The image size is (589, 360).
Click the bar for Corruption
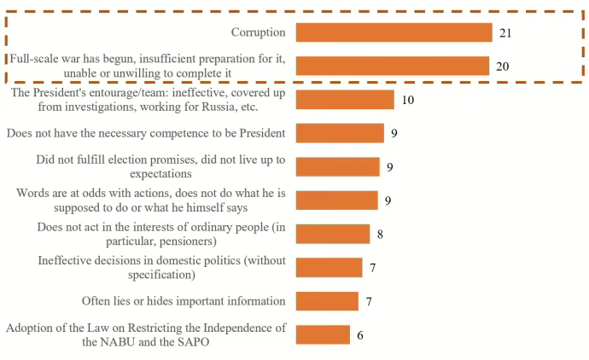coord(394,32)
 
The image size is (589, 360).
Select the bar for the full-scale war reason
coord(392,67)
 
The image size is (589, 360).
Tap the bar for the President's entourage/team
coord(345,100)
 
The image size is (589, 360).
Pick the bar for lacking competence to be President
coord(340,133)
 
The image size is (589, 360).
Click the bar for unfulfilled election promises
coord(337,167)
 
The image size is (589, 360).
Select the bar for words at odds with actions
coord(336,200)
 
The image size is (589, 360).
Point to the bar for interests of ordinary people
coord(333,234)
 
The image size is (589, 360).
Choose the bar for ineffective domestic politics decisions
coord(329,267)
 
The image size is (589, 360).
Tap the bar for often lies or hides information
coord(327,301)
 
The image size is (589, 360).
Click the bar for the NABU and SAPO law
coord(323,334)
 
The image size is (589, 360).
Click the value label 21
coord(505,33)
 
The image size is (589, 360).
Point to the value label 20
coord(502,67)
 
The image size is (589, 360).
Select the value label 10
coord(407,100)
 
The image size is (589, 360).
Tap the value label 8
coord(380,234)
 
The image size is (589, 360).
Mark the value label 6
coord(359,334)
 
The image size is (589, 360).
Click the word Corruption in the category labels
coord(258,32)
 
